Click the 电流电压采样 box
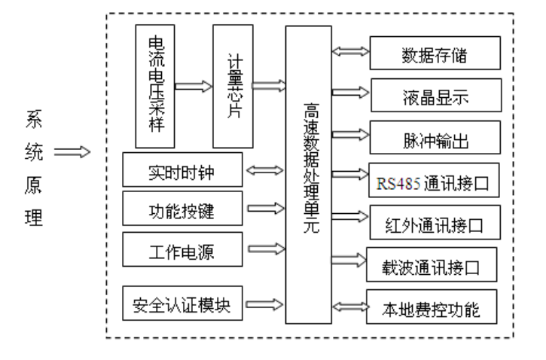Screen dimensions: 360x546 click(x=155, y=85)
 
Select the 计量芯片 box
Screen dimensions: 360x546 click(x=233, y=85)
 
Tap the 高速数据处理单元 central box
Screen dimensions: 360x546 click(x=309, y=174)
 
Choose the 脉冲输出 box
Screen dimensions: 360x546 click(x=435, y=139)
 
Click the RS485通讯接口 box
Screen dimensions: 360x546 click(x=435, y=182)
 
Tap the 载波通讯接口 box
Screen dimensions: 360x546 click(x=432, y=264)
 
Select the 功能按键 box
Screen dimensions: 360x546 click(x=181, y=209)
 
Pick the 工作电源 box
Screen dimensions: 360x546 click(x=181, y=249)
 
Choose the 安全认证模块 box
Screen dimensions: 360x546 click(x=181, y=304)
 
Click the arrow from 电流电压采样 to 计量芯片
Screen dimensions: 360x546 click(x=194, y=86)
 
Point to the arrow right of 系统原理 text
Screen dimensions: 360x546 click(x=72, y=153)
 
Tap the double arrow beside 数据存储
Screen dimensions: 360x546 click(x=352, y=53)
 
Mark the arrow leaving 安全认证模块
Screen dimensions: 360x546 click(x=264, y=304)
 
